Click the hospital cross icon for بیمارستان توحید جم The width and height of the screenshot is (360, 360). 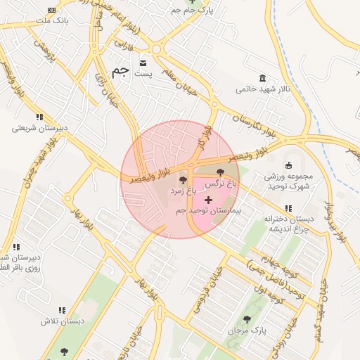point(209,200)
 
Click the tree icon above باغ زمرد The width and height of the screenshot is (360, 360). point(183,181)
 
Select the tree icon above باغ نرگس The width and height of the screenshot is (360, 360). point(220,172)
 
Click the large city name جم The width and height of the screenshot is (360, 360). point(120,71)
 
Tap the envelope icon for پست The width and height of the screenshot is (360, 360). point(143,62)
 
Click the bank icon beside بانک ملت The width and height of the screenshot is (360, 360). point(51,10)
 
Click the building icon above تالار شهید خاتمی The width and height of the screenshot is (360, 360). point(262,78)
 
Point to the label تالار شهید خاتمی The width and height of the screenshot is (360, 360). point(262,89)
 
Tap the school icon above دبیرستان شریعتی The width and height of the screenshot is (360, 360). point(39,117)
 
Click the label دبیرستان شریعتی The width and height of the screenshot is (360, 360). point(40,129)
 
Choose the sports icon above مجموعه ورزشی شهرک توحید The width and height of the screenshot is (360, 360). point(288,165)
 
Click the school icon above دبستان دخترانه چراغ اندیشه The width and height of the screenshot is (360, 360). point(288,208)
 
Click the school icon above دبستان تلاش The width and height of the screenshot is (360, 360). point(62,310)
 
